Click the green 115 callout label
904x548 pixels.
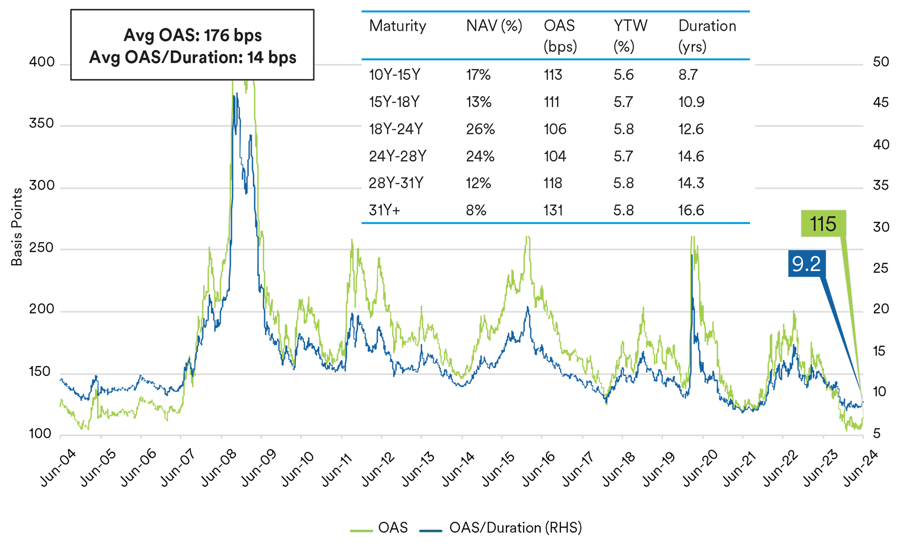[x=823, y=224]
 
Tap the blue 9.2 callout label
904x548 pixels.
[x=807, y=263]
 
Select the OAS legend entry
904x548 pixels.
[x=392, y=528]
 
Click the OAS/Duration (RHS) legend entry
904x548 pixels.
[x=515, y=528]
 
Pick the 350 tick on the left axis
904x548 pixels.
[x=42, y=124]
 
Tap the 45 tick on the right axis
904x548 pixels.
[x=881, y=103]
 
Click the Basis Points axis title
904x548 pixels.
[x=17, y=227]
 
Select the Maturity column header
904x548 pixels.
[x=397, y=26]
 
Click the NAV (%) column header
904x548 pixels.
[x=494, y=26]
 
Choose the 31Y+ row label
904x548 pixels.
[x=384, y=210]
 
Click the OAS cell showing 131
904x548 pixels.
[x=553, y=210]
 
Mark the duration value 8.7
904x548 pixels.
[x=688, y=75]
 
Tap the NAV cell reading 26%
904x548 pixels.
[x=480, y=129]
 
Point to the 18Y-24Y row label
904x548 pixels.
[x=396, y=129]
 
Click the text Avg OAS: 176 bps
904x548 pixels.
[x=192, y=35]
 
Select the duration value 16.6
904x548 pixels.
[x=691, y=210]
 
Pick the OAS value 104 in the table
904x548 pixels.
[x=555, y=157]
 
